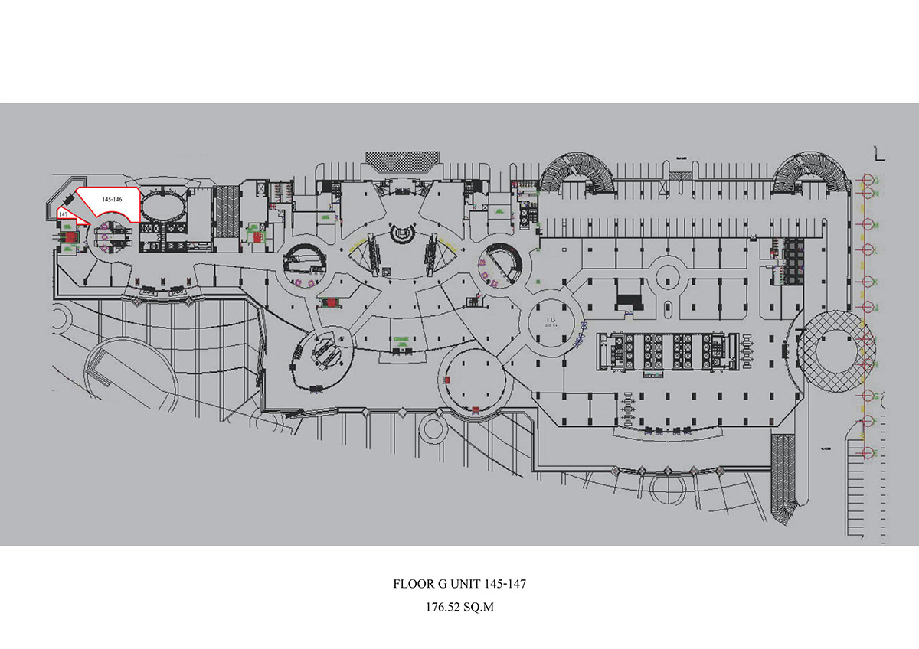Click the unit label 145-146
click(x=112, y=199)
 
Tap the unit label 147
click(x=63, y=215)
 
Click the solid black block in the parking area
click(x=629, y=302)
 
